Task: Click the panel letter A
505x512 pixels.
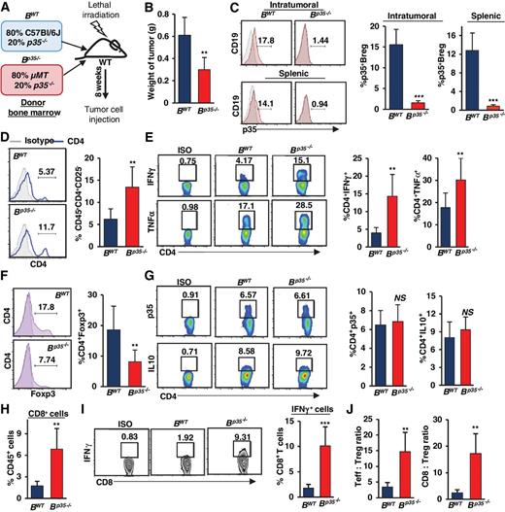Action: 7,9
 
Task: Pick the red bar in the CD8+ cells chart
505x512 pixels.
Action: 57,472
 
